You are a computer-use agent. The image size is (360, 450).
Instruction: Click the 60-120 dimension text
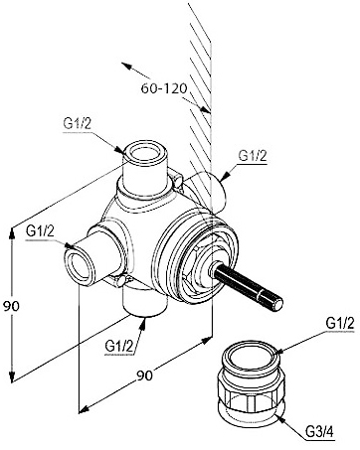pyautogui.click(x=164, y=88)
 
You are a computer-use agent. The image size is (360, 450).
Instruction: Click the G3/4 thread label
pyautogui.click(x=319, y=432)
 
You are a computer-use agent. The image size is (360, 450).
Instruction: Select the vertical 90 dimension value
pyautogui.click(x=11, y=306)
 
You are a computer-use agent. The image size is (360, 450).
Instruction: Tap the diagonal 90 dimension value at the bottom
pyautogui.click(x=145, y=375)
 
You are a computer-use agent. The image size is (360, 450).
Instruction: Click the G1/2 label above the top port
pyautogui.click(x=77, y=124)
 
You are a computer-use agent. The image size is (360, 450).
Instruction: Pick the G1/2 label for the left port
pyautogui.click(x=40, y=230)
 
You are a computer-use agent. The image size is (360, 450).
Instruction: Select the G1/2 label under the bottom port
pyautogui.click(x=119, y=347)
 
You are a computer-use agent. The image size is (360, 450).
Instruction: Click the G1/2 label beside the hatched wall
pyautogui.click(x=253, y=155)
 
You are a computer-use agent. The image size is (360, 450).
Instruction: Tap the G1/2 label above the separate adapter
pyautogui.click(x=340, y=323)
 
